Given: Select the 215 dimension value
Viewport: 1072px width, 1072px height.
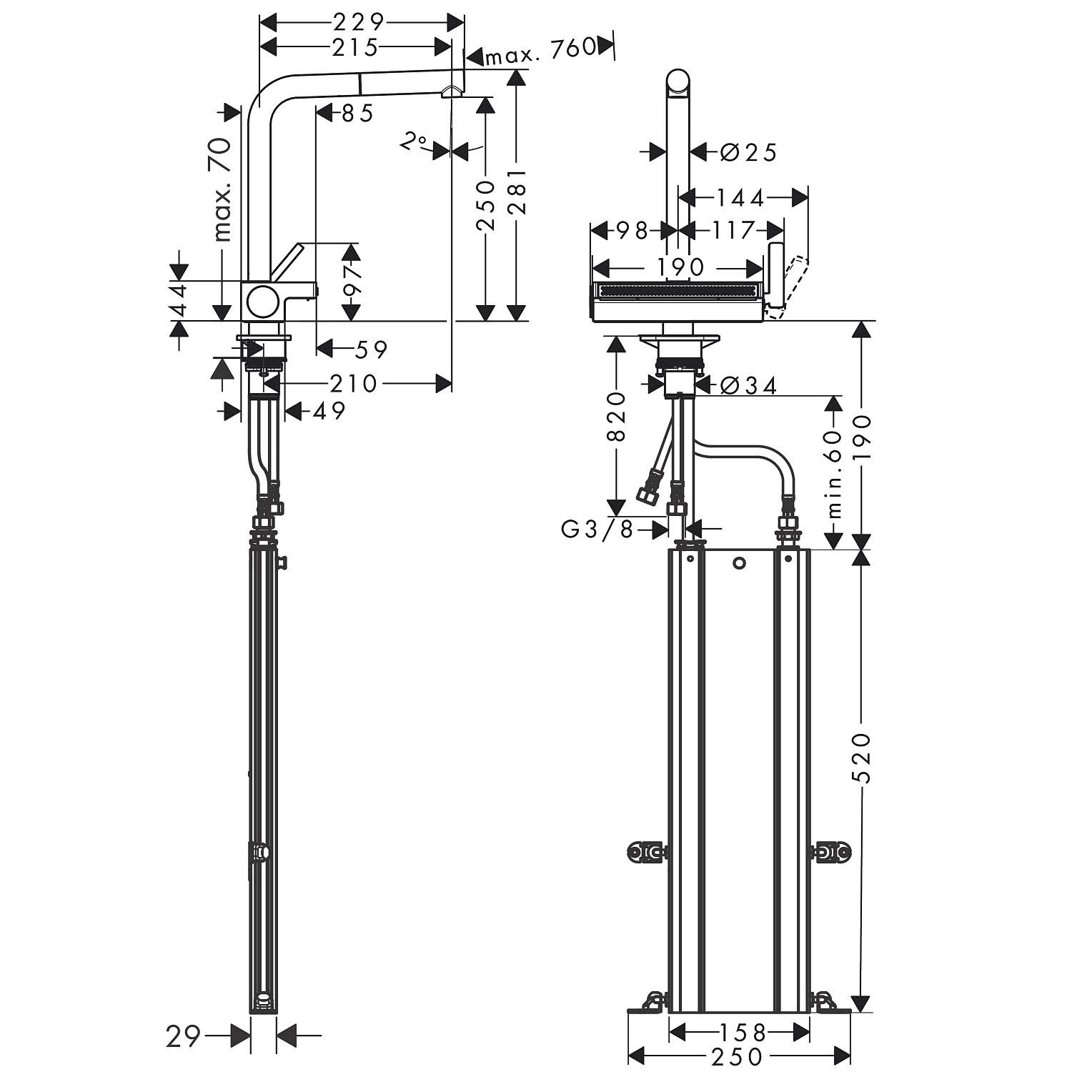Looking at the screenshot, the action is (355, 47).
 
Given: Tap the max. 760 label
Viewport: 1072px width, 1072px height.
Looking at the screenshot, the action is (540, 49).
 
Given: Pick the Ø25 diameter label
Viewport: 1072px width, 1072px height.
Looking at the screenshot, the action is (748, 152).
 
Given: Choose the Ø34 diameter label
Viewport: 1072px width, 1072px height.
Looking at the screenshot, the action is (748, 385).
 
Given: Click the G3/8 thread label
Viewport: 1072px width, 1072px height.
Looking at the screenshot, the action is (597, 530).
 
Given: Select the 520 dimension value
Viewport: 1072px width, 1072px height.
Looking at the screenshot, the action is (863, 758).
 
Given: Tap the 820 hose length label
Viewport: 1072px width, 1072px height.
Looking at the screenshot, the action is (616, 417).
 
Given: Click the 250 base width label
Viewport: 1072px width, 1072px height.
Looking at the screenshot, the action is (738, 1056).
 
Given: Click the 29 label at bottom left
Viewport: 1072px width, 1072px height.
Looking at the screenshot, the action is (182, 1036).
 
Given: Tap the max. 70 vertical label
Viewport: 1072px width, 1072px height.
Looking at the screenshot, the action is (222, 189).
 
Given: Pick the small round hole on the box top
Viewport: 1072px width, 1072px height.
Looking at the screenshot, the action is (740, 564).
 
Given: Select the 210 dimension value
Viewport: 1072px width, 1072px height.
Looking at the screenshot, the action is (353, 384).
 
